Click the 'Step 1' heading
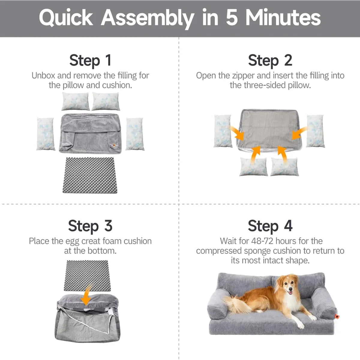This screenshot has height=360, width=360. [x=90, y=61]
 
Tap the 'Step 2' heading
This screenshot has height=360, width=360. [x=270, y=61]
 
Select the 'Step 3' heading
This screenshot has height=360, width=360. [x=90, y=226]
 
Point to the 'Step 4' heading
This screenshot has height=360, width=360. [x=270, y=226]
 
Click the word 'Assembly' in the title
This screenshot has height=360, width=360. [x=147, y=18]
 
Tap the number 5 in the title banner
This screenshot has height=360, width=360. [x=232, y=18]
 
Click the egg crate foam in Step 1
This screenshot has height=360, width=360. [x=90, y=175]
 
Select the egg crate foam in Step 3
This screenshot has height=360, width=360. [x=87, y=276]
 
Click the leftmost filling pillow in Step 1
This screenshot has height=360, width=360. [x=46, y=134]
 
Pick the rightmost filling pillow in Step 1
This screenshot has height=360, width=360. [x=135, y=134]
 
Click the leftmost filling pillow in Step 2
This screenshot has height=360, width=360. [x=223, y=131]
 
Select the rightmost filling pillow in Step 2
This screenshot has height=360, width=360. [x=315, y=131]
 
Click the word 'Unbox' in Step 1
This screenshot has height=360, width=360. [x=43, y=76]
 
